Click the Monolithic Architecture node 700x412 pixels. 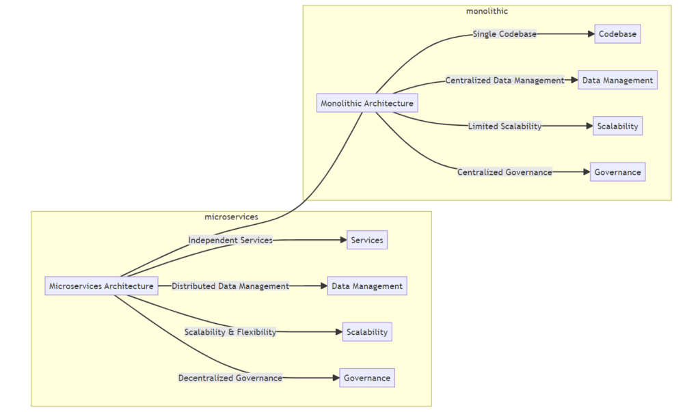pos(367,104)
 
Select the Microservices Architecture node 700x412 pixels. pos(101,286)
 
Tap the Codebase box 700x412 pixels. pos(617,34)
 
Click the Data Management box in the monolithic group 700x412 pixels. pos(617,80)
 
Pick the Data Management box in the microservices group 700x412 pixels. pos(367,286)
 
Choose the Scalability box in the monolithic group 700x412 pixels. pos(617,126)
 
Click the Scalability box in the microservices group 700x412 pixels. pos(367,332)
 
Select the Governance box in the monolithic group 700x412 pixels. pos(617,172)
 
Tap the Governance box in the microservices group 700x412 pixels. pos(367,378)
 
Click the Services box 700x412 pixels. pos(367,241)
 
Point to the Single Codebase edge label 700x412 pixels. pos(504,34)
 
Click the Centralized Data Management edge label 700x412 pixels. pos(504,80)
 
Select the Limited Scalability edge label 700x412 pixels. pos(504,126)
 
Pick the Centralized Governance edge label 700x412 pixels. pos(504,172)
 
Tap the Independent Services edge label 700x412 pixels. pos(230,240)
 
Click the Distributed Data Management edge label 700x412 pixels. pos(230,286)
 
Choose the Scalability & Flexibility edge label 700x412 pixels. pos(230,332)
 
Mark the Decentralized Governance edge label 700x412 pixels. pos(230,378)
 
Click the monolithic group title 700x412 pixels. pos(487,11)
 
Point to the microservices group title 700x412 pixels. pos(231,217)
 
